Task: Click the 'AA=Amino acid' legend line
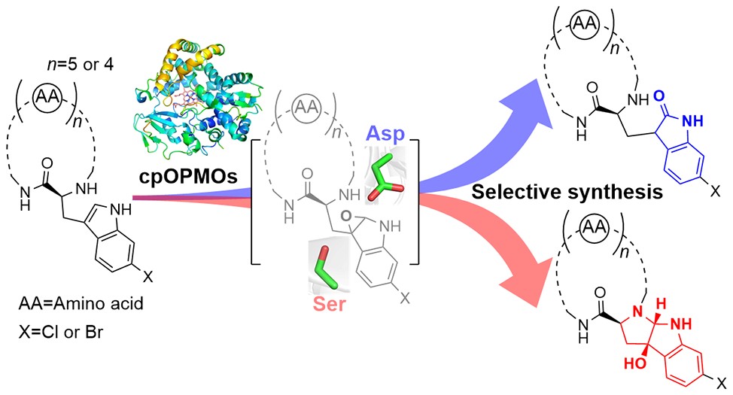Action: (65, 308)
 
